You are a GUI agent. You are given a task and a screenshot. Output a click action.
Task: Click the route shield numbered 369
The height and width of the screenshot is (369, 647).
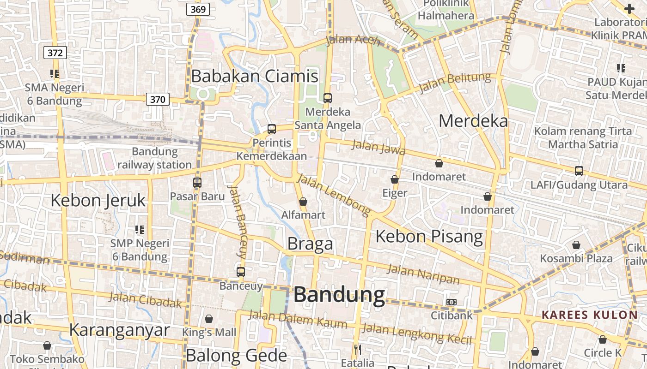(198, 9)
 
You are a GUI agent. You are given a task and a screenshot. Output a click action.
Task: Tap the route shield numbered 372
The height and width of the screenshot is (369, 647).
(55, 53)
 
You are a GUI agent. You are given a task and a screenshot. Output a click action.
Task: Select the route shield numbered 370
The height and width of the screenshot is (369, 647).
(158, 99)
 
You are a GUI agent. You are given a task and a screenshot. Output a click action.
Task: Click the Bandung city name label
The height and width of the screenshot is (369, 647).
(339, 295)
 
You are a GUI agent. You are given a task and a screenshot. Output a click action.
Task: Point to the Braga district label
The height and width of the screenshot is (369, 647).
(310, 244)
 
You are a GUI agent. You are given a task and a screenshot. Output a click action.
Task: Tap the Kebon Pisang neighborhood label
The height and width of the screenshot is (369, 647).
(429, 236)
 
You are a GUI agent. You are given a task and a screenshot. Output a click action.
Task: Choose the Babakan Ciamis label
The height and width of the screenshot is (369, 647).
(255, 76)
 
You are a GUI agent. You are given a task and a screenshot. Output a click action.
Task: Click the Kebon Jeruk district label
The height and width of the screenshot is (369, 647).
(98, 201)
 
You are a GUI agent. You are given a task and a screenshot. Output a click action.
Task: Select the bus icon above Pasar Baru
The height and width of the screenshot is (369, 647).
(197, 182)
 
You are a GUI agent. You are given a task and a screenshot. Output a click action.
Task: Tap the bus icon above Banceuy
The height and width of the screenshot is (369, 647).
(241, 272)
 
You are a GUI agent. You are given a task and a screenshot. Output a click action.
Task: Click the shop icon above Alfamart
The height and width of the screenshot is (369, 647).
(303, 202)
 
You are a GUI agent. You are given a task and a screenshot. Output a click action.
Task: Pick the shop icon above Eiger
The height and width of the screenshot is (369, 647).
(395, 179)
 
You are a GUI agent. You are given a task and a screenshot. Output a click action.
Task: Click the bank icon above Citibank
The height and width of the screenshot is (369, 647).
(452, 302)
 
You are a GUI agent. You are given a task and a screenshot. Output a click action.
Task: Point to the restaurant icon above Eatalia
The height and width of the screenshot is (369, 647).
(357, 349)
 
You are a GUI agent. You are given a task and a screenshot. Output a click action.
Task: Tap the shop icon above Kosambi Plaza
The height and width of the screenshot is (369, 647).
(576, 245)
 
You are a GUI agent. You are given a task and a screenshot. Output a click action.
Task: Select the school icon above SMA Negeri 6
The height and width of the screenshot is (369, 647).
(55, 74)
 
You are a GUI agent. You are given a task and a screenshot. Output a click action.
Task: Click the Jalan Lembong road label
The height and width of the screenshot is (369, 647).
(333, 195)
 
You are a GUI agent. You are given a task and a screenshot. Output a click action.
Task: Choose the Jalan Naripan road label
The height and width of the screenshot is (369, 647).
(423, 274)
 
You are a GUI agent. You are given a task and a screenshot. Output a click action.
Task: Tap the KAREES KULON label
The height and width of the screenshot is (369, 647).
(590, 315)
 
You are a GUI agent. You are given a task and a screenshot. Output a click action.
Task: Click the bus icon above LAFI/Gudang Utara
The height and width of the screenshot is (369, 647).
(579, 171)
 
